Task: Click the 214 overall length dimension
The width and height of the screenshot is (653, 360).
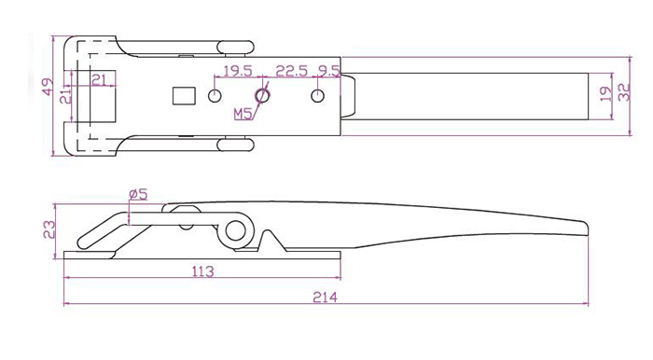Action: pos(325,298)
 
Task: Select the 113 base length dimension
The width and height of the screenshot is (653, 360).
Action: pos(202,271)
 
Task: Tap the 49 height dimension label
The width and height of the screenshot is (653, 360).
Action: pos(49,87)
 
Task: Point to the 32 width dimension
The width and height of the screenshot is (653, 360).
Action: pos(624,92)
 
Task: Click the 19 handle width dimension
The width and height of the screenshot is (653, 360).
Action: pos(606,93)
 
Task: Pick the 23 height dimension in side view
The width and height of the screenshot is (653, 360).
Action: pos(49,229)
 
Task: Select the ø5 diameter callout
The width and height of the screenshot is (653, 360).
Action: pos(138,194)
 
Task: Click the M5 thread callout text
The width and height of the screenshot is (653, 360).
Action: pos(243,114)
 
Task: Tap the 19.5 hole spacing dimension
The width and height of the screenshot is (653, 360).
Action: pos(238,71)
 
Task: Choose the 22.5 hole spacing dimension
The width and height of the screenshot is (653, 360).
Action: pos(291,71)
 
